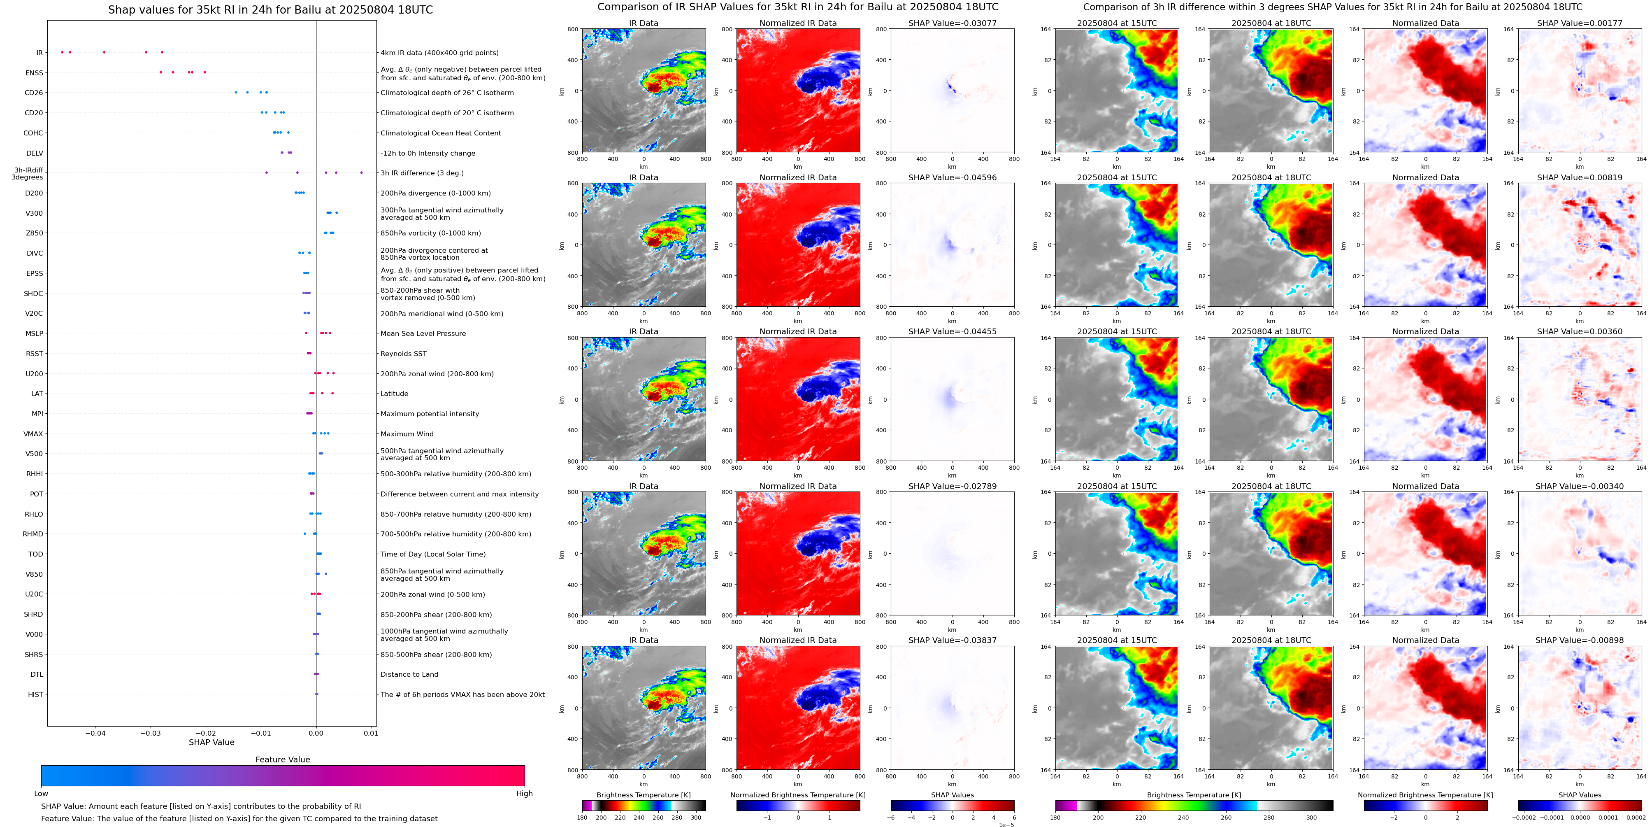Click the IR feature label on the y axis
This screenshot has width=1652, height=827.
point(39,53)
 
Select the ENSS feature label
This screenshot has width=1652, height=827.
point(34,73)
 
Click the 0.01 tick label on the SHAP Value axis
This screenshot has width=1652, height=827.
point(371,733)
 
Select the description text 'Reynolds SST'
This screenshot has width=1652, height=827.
point(403,354)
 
